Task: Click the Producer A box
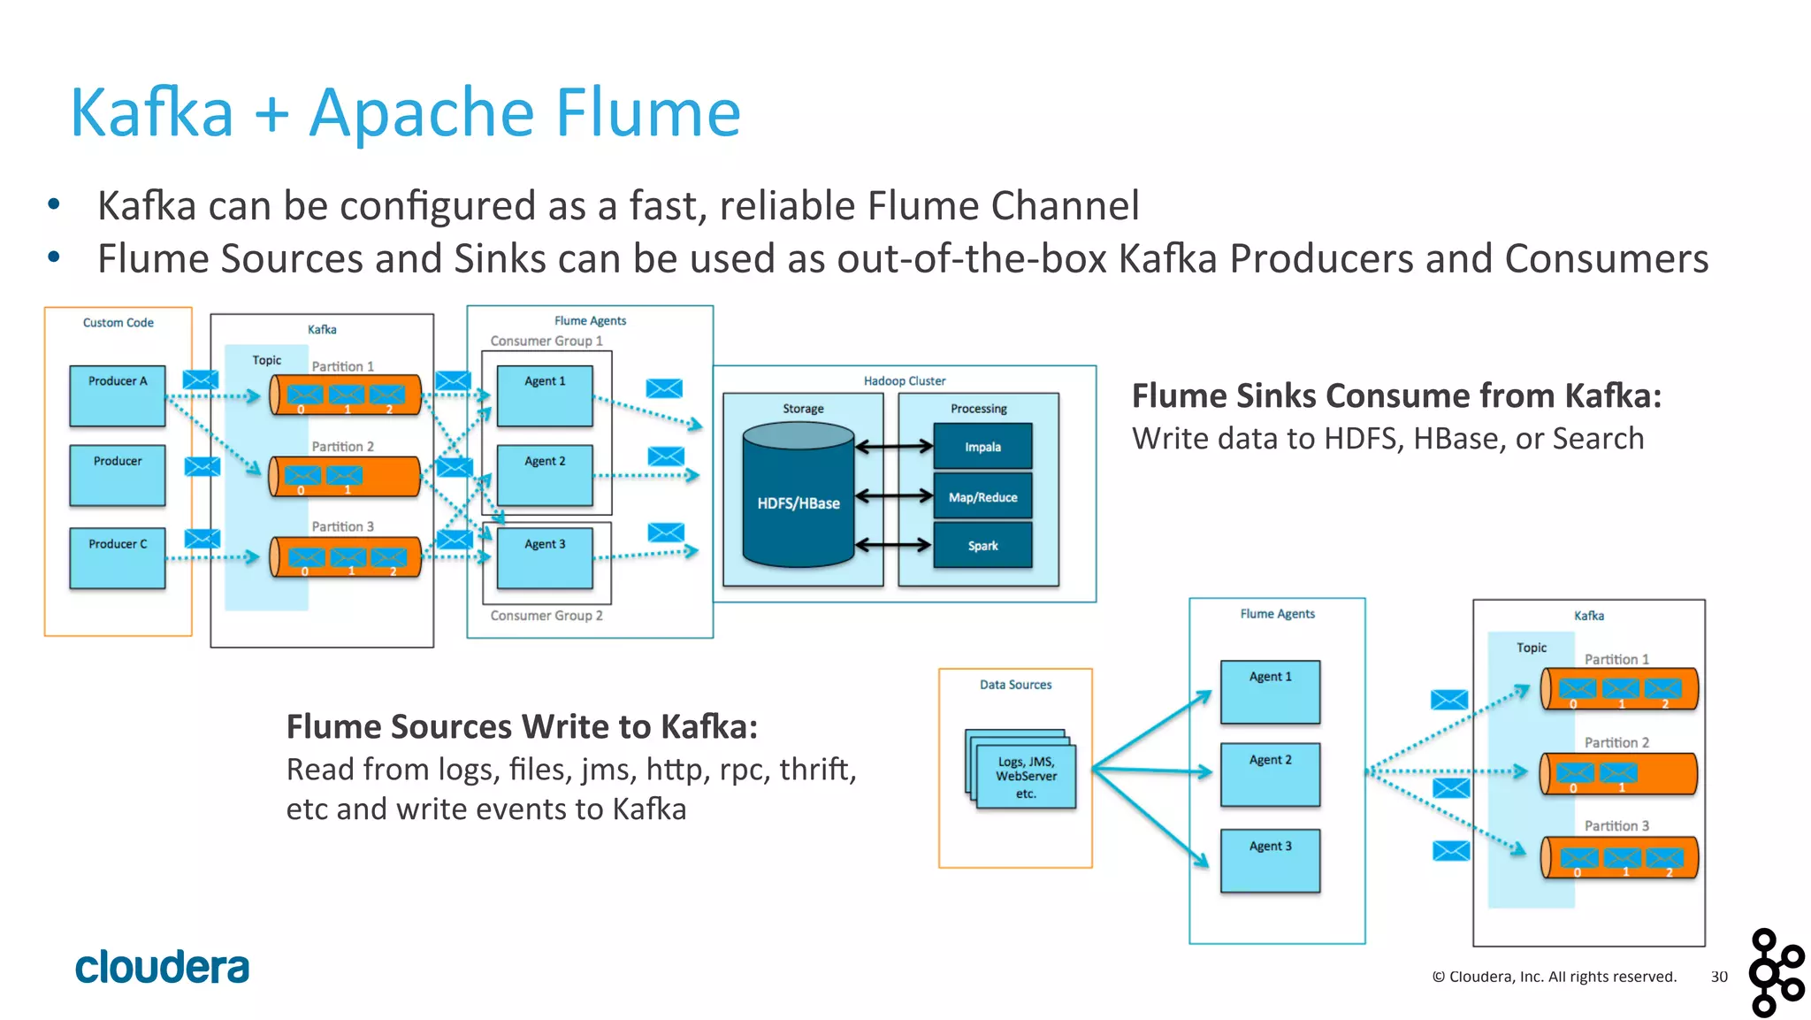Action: click(x=118, y=395)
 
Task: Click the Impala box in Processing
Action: click(x=982, y=447)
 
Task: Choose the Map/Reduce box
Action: click(x=982, y=497)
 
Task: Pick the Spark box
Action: click(x=982, y=546)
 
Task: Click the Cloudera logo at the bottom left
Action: click(x=162, y=967)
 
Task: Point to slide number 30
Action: click(x=1718, y=977)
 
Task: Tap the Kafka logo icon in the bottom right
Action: click(x=1776, y=972)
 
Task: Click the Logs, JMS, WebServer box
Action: click(x=1025, y=777)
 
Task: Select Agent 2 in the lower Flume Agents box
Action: click(x=1270, y=774)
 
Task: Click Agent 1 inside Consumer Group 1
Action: click(x=545, y=395)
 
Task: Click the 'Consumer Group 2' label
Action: click(x=546, y=616)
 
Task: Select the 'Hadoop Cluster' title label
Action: click(x=904, y=381)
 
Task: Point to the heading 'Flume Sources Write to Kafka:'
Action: click(x=522, y=726)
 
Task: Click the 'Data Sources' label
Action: click(x=1015, y=685)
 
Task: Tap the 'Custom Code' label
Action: click(x=118, y=323)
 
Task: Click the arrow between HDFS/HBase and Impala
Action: click(x=894, y=447)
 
